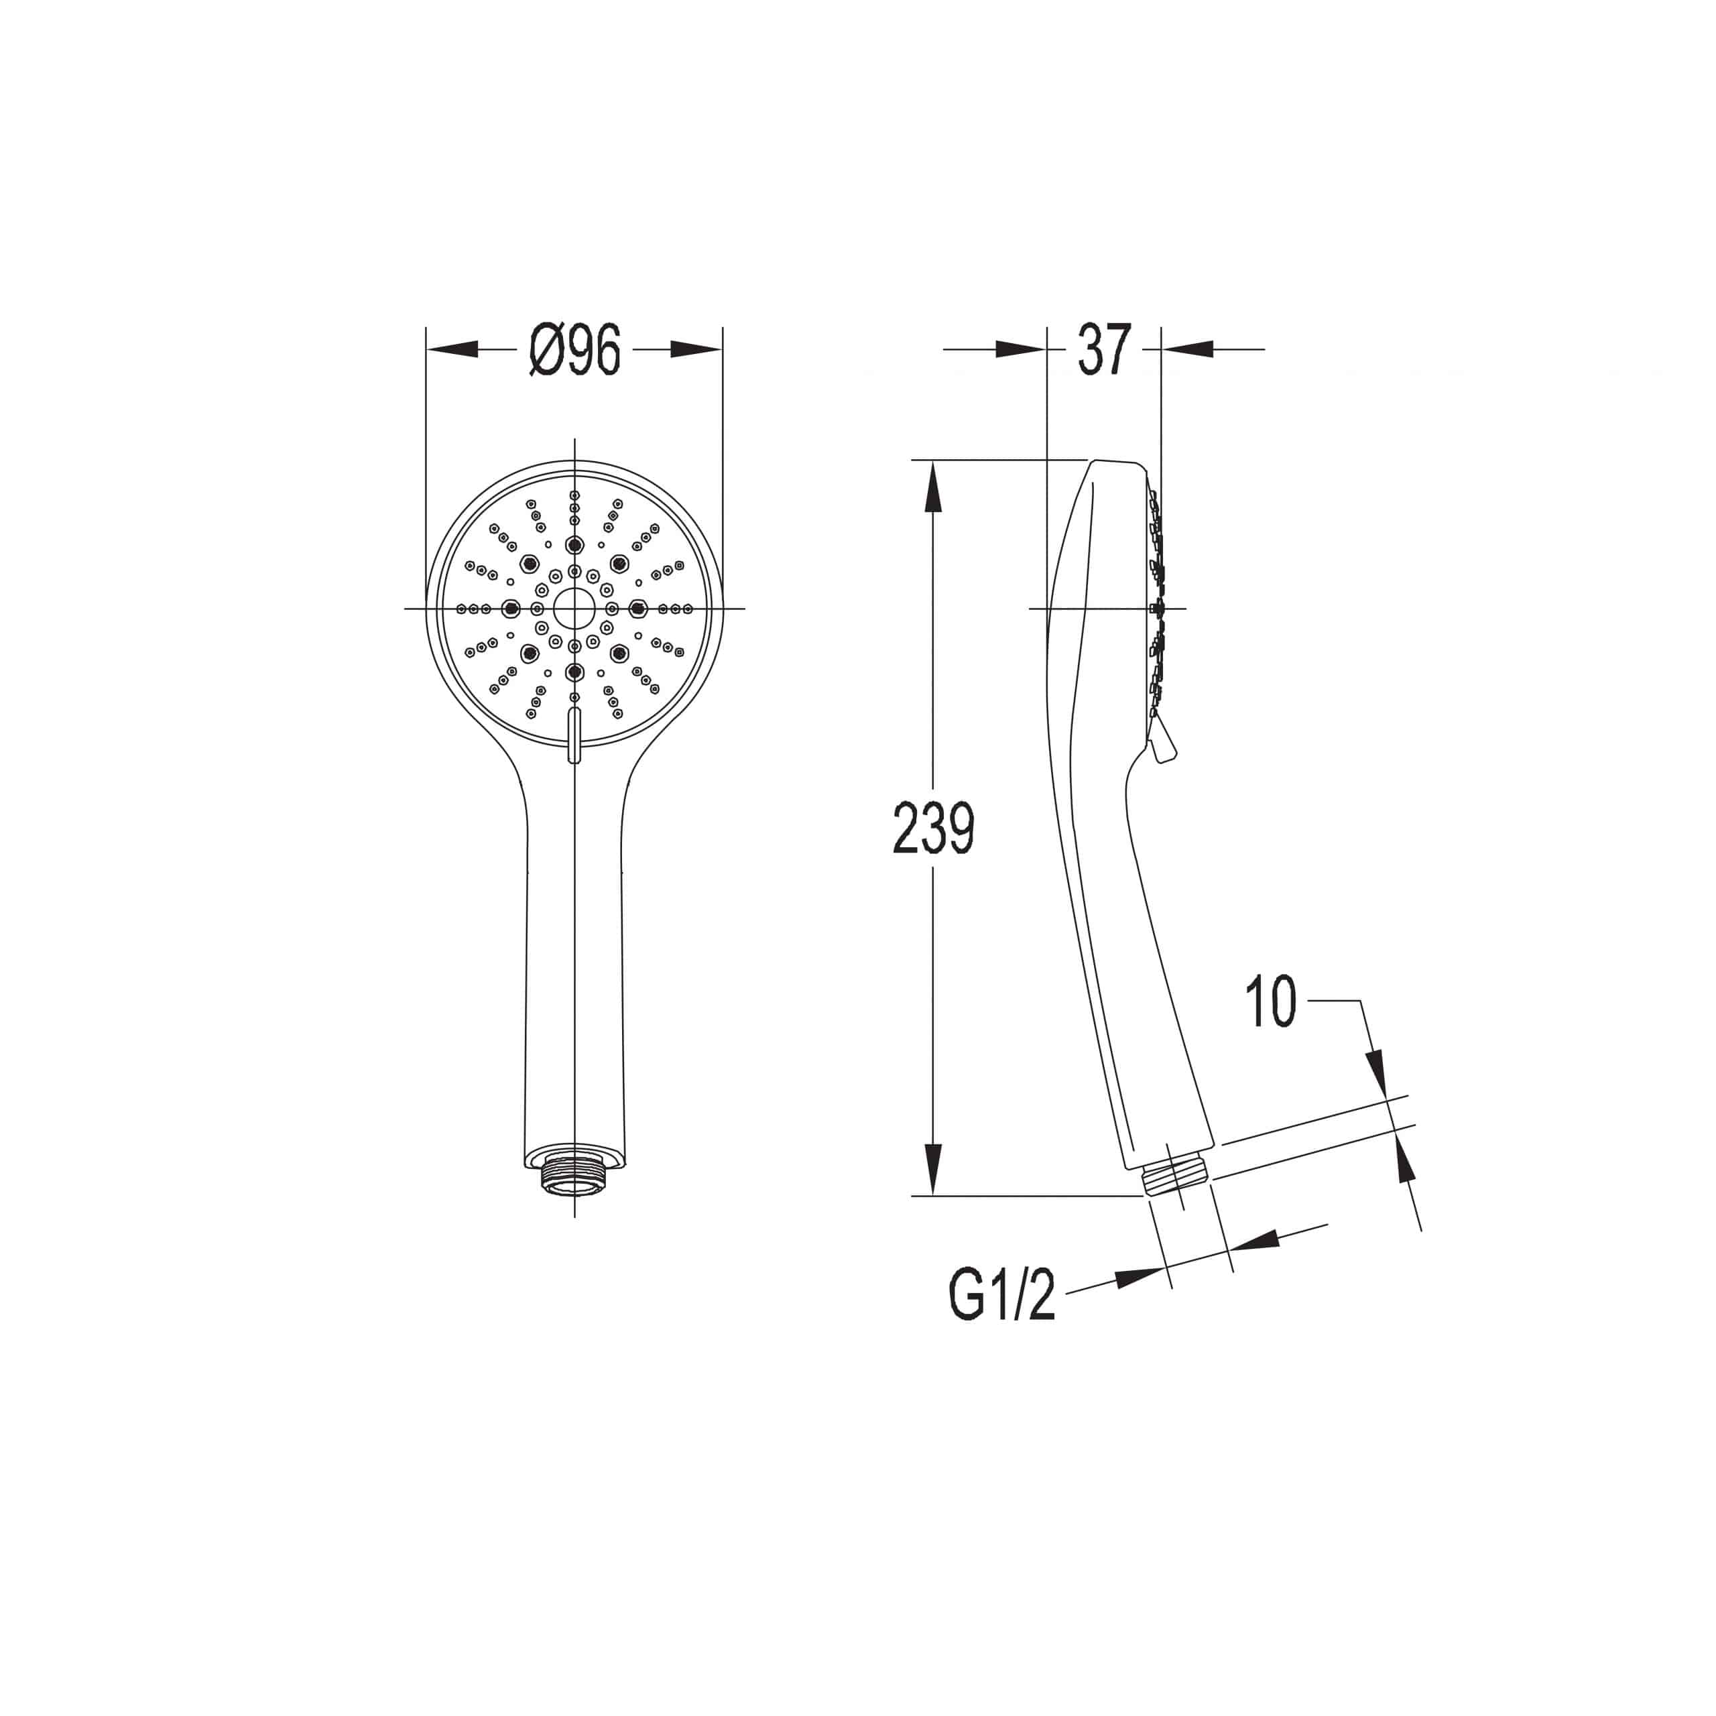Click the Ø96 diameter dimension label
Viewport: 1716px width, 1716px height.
574,350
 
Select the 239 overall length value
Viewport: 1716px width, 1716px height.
934,828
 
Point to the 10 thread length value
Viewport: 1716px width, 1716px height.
1271,1002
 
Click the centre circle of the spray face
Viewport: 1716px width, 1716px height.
574,609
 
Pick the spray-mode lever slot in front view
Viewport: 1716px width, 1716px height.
574,735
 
